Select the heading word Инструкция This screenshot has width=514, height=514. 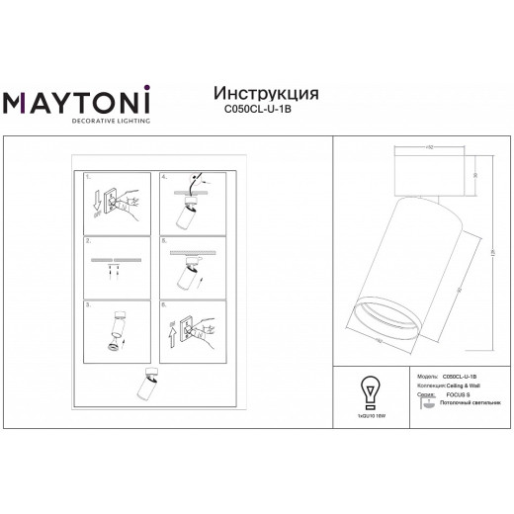[266, 93]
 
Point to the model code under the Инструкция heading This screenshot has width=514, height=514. [266, 111]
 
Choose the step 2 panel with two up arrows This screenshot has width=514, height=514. [115, 266]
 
